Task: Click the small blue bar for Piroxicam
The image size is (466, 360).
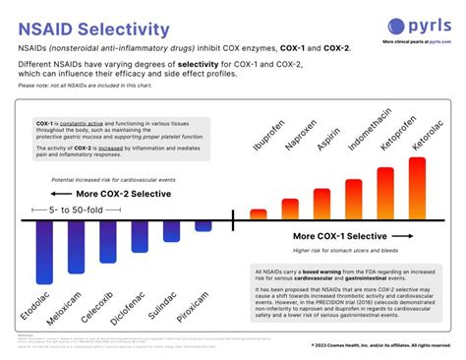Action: pyautogui.click(x=204, y=225)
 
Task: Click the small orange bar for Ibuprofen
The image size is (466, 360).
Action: pyautogui.click(x=260, y=212)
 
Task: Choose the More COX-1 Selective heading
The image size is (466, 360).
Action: pyautogui.click(x=346, y=237)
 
